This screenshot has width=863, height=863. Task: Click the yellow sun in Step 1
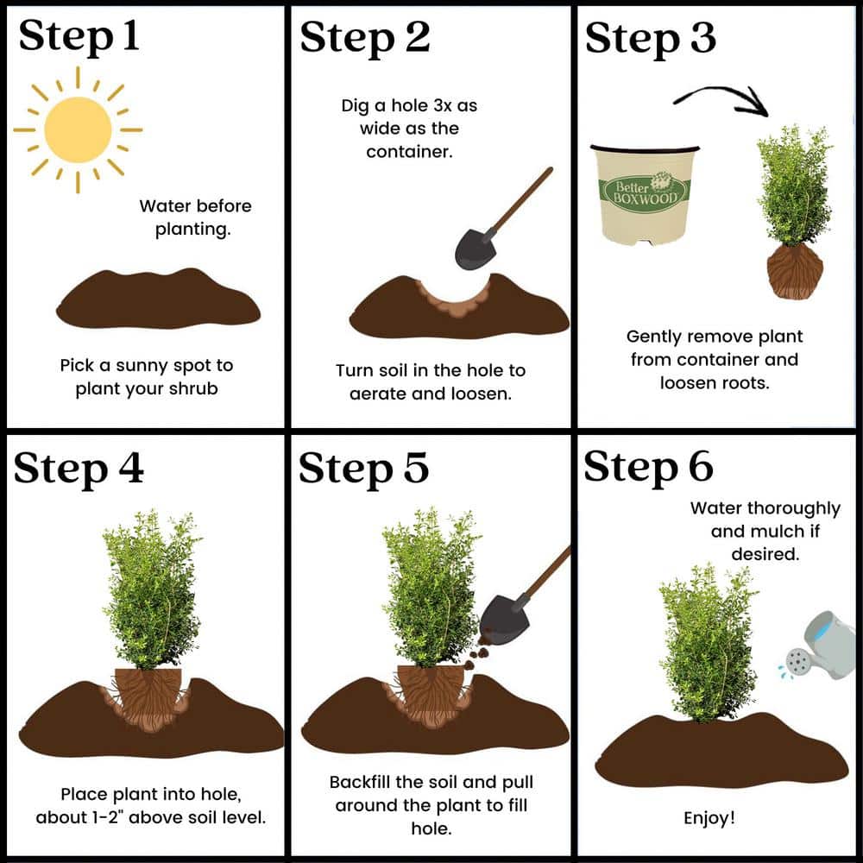point(78,129)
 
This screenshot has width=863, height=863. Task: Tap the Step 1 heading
point(79,38)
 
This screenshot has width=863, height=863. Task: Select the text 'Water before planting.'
point(194,217)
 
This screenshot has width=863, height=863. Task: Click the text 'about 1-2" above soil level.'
point(151,816)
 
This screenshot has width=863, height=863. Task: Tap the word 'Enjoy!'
point(709,816)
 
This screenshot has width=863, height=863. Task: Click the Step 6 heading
point(649,467)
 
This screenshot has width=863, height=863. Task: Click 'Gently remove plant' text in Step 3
point(714,337)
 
